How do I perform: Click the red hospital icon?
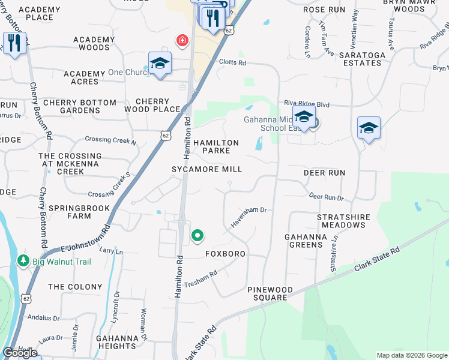point(181,41)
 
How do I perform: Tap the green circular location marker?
point(197,236)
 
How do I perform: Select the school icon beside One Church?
point(160,64)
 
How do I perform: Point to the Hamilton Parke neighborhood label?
point(215,146)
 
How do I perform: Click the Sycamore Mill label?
point(208,170)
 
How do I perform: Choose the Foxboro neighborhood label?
point(225,254)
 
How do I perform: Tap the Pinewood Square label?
point(270,293)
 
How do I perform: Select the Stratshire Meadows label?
point(343,221)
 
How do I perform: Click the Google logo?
point(20,353)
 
